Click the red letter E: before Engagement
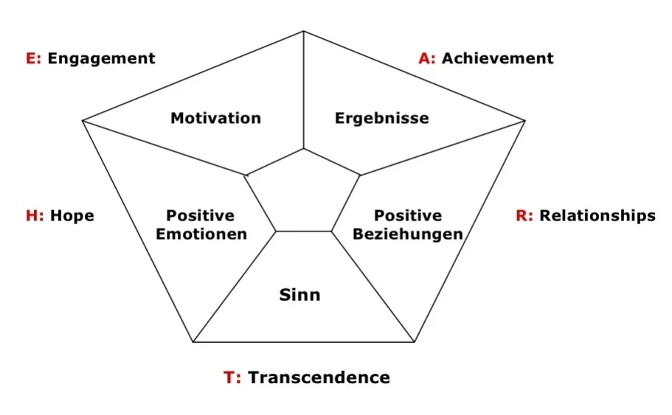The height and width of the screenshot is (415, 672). [34, 59]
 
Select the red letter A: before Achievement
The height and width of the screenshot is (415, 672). [427, 58]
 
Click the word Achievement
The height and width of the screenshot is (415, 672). [497, 58]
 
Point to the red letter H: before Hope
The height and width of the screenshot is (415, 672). [35, 216]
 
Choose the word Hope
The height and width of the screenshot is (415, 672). [72, 216]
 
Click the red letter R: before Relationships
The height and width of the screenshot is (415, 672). [524, 216]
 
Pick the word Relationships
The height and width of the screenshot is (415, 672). [597, 216]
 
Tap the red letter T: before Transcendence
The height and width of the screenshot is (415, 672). [232, 377]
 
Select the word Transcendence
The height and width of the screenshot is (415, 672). [319, 377]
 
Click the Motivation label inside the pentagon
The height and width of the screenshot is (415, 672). [215, 118]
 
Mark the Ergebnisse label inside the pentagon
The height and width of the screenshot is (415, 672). [381, 118]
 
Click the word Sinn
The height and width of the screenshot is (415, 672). [299, 296]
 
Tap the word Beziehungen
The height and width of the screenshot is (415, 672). [407, 234]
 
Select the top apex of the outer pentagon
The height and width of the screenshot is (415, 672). [303, 32]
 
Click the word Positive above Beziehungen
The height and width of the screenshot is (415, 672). [407, 216]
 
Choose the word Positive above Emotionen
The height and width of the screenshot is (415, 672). [201, 216]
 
